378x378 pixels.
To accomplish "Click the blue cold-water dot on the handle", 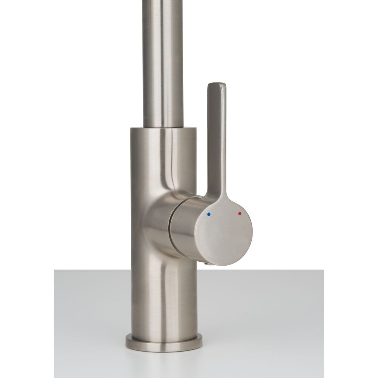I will pyautogui.click(x=209, y=214).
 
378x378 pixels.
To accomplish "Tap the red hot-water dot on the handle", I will pyautogui.click(x=240, y=214).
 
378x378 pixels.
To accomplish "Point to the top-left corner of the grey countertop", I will pyautogui.click(x=55, y=270).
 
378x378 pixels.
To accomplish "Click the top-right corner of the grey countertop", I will pyautogui.click(x=323, y=270).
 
